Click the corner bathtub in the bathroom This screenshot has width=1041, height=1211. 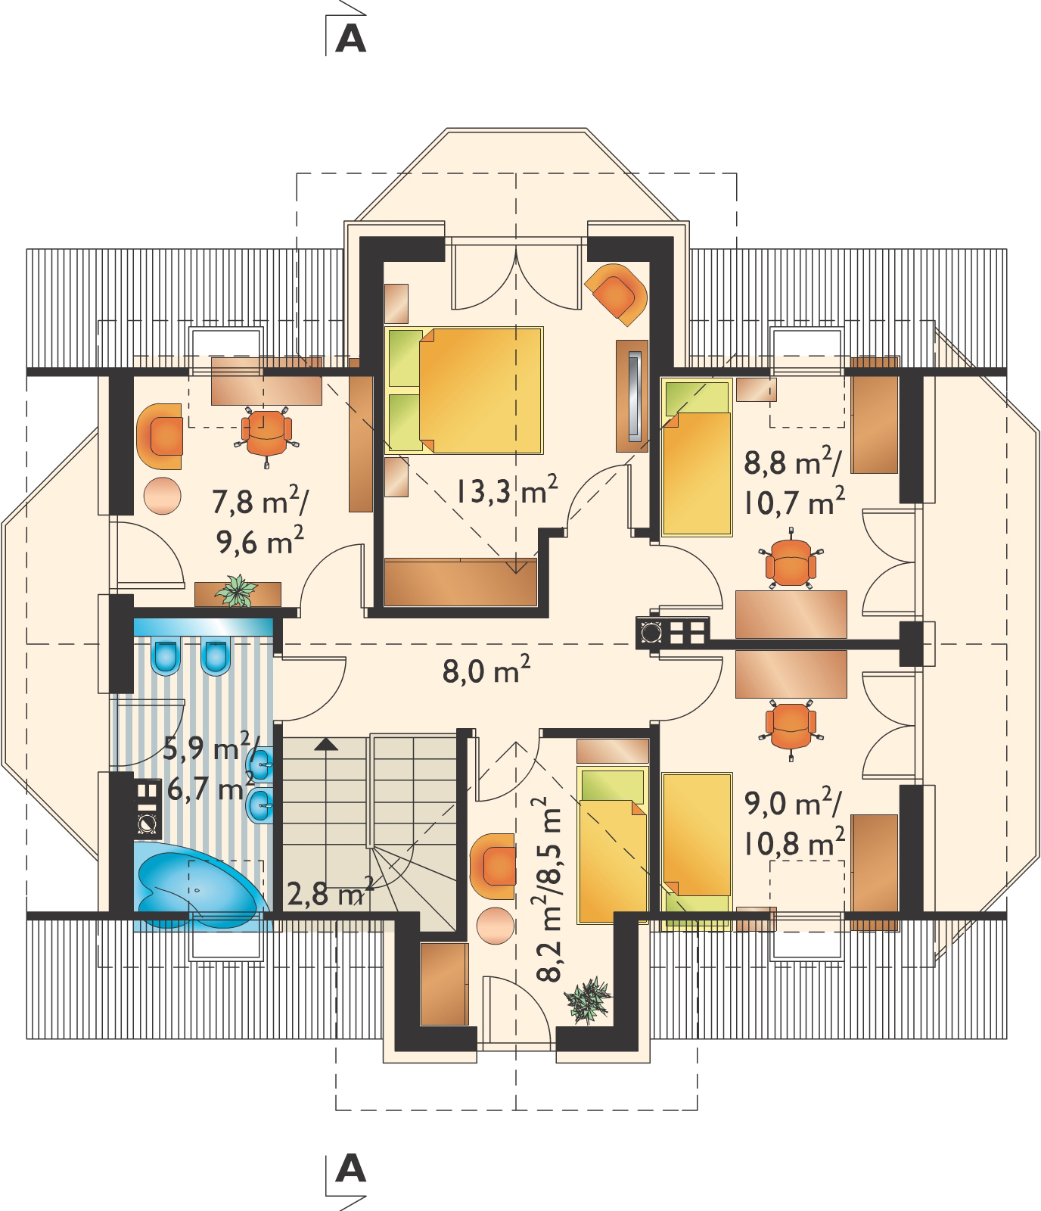pyautogui.click(x=201, y=886)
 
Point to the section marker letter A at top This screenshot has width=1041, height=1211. pyautogui.click(x=350, y=40)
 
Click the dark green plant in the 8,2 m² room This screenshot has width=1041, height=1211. pyautogui.click(x=588, y=1001)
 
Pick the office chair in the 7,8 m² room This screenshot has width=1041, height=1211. pyautogui.click(x=266, y=430)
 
